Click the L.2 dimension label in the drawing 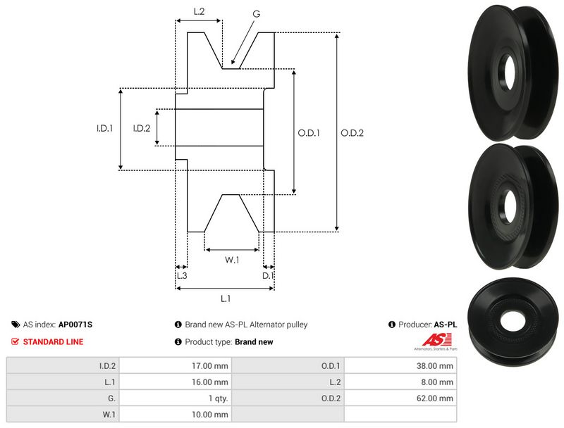point(199,11)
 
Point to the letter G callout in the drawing point(255,13)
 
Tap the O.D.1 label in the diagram point(309,132)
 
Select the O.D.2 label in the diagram point(352,132)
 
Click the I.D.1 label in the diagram point(105,128)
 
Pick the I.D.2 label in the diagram point(142,128)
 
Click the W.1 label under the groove point(232,260)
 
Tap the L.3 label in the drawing point(181,276)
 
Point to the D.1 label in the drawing point(268,276)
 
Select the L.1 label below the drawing point(225,298)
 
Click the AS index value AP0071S point(75,325)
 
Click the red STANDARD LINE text point(53,342)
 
